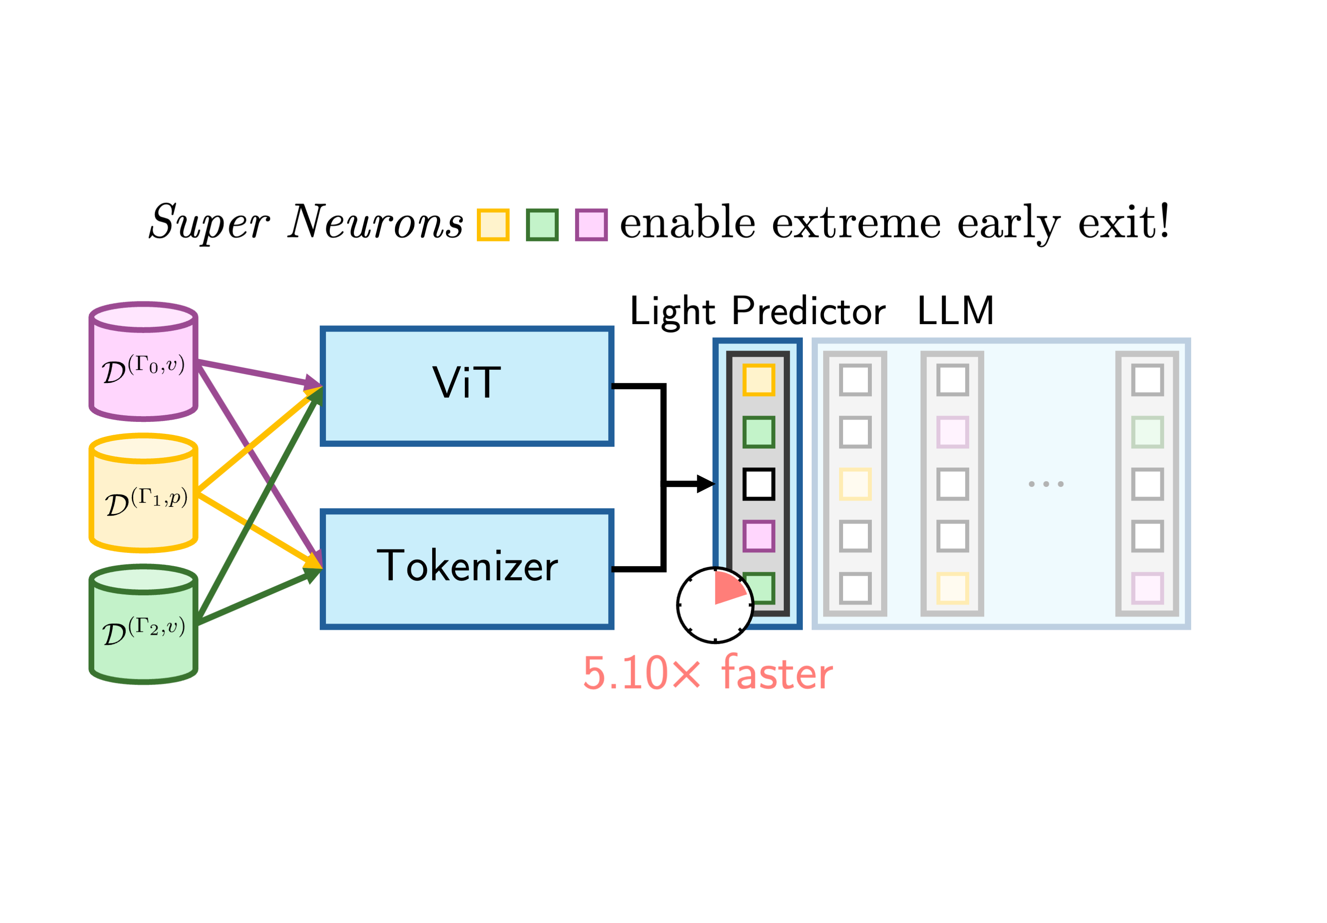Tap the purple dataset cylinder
tap(143, 362)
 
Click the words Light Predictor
tap(757, 311)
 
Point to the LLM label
tap(955, 310)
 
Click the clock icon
tap(715, 605)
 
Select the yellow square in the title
tap(493, 225)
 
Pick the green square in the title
tap(542, 225)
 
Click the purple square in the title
tap(591, 225)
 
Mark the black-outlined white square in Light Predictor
tap(758, 484)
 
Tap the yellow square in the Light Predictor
tap(758, 380)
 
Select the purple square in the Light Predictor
tap(758, 536)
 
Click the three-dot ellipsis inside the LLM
tap(1046, 484)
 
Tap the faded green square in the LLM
tap(1147, 432)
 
